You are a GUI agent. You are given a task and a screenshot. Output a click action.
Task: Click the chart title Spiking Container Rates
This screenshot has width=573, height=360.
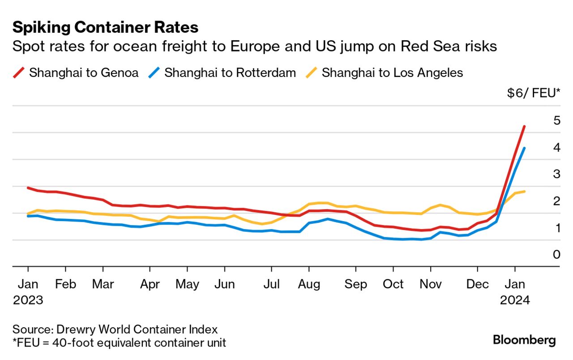click(x=105, y=28)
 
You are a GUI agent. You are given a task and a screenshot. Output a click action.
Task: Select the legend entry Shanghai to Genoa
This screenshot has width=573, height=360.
click(x=83, y=73)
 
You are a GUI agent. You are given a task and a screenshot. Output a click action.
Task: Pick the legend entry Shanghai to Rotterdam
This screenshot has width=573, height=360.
click(x=230, y=73)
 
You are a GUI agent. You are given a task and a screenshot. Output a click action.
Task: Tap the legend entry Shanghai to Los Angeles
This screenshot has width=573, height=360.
click(x=392, y=73)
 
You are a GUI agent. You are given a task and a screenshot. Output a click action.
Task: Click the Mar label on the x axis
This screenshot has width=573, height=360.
click(x=103, y=284)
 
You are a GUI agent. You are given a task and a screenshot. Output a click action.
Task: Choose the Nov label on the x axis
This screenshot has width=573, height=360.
click(x=430, y=284)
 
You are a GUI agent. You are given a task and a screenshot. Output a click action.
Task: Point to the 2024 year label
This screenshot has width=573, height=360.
click(x=515, y=300)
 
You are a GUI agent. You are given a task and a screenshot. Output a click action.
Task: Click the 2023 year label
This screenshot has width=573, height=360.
click(x=28, y=300)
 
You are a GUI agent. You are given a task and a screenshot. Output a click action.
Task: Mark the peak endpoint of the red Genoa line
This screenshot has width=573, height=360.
click(x=524, y=127)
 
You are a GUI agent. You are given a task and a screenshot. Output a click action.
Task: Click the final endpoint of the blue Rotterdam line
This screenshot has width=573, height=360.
click(x=524, y=148)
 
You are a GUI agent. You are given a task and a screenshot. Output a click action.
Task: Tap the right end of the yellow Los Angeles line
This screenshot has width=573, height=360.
click(x=524, y=192)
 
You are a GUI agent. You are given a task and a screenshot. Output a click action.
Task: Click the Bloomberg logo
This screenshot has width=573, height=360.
click(x=524, y=340)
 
